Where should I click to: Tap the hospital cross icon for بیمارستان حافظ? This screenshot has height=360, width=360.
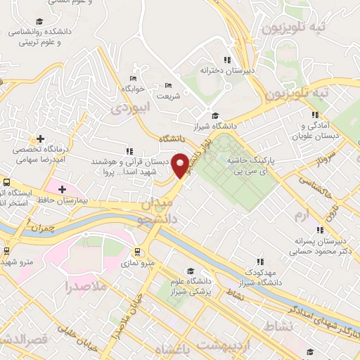point(63,188)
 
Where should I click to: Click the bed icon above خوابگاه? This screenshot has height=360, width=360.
point(133,78)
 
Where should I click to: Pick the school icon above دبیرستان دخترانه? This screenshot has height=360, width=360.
point(226,60)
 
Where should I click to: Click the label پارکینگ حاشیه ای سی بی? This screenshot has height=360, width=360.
point(250,166)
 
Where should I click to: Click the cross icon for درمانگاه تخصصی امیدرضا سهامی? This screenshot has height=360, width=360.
point(41,138)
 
